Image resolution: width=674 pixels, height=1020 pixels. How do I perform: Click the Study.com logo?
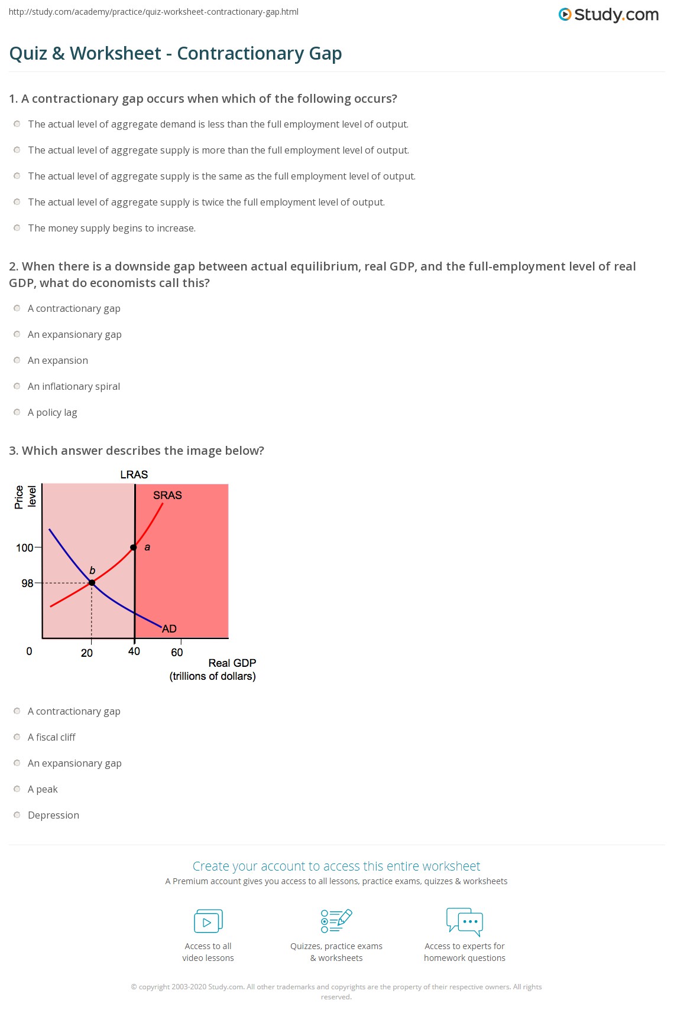click(608, 15)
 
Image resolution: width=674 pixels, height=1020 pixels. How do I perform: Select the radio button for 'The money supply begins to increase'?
click(17, 228)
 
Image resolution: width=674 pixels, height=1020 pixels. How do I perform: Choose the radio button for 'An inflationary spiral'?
click(17, 386)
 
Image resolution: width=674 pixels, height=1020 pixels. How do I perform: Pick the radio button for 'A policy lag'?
click(17, 412)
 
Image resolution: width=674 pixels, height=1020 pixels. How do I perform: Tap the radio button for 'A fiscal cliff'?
click(17, 737)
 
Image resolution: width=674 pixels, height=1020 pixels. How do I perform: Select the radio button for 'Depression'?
click(17, 815)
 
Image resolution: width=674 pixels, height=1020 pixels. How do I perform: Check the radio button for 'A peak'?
click(17, 789)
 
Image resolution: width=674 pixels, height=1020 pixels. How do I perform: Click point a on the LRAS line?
click(134, 548)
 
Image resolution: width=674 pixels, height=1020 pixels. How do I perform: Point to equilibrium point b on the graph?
click(92, 583)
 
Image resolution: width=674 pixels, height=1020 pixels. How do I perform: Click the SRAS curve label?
click(167, 496)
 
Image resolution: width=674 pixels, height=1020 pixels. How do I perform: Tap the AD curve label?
click(169, 628)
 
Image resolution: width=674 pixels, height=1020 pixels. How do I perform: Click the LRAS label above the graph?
click(134, 475)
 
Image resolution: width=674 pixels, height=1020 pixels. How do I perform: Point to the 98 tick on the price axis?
click(28, 584)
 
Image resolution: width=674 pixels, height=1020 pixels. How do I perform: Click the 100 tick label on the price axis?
click(25, 548)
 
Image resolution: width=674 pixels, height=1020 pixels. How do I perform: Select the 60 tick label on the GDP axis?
click(177, 653)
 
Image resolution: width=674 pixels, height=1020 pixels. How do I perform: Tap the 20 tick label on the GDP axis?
click(87, 653)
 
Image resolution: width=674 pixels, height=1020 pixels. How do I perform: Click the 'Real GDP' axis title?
click(232, 663)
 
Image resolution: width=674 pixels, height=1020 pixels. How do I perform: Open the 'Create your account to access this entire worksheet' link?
click(336, 866)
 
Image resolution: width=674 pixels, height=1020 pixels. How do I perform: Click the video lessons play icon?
click(208, 921)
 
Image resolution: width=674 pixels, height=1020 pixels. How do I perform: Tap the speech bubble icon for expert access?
click(465, 921)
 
